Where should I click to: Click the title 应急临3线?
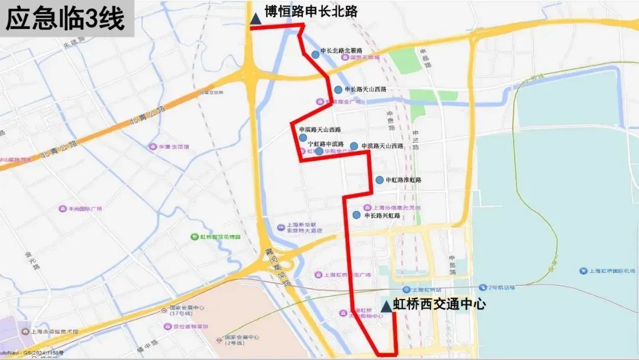point(65,19)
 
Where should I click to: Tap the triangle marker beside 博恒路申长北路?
point(256,19)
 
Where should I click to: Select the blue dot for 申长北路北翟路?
point(315,54)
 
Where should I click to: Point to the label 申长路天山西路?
point(365,89)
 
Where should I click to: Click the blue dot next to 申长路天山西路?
point(338,90)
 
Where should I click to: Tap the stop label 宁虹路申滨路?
point(326,144)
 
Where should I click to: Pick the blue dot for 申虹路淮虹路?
point(379,180)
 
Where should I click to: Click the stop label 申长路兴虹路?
point(382,216)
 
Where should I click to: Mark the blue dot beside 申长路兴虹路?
point(356,215)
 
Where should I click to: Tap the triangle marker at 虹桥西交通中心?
point(386,306)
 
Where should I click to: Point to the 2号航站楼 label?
point(501,288)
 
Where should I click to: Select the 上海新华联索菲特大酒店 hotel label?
point(304,228)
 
